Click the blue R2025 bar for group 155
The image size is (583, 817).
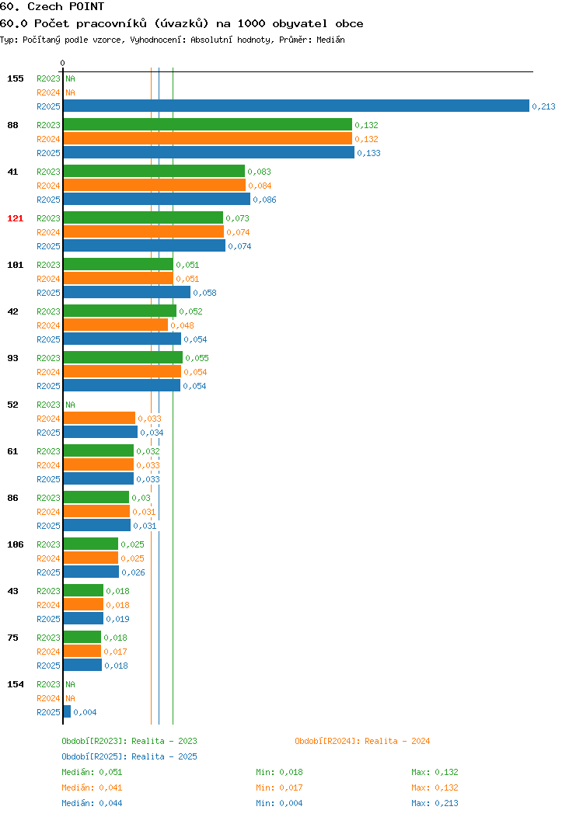click(x=296, y=106)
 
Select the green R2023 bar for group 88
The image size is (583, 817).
click(x=208, y=124)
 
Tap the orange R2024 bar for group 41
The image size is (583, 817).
click(x=155, y=185)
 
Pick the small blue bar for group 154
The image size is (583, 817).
click(x=67, y=711)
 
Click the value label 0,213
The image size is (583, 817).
click(x=543, y=106)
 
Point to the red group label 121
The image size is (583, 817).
click(x=15, y=218)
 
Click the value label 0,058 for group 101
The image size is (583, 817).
click(x=204, y=293)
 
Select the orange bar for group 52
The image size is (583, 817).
click(x=99, y=418)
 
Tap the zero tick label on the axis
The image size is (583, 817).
click(x=63, y=63)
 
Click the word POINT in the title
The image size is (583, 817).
click(x=86, y=7)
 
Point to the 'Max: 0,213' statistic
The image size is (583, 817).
click(x=435, y=804)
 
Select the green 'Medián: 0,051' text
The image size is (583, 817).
click(x=92, y=772)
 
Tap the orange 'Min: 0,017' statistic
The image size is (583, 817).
click(x=279, y=787)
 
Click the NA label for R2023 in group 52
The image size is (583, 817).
click(x=71, y=405)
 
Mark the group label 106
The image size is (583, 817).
click(x=15, y=544)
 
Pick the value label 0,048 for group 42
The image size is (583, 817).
click(x=182, y=325)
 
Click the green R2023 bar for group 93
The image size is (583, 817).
click(x=123, y=357)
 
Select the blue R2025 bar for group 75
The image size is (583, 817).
click(x=82, y=665)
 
